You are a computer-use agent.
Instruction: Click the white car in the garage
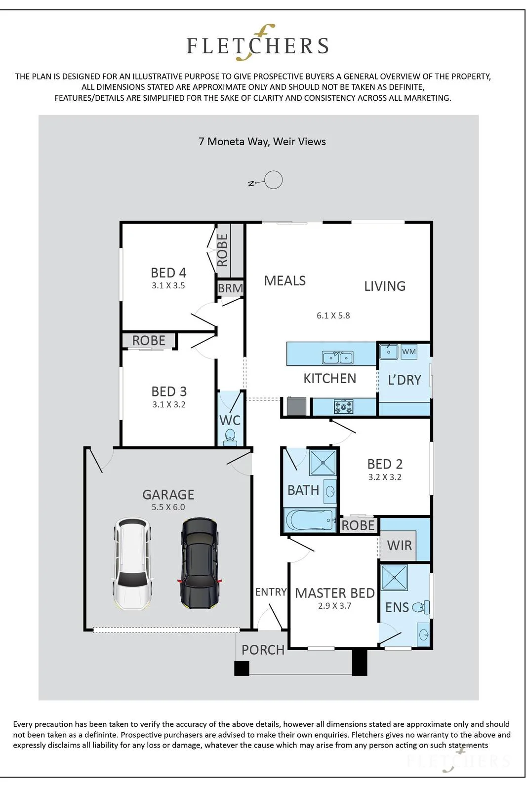133,563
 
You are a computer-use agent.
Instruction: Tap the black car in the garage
200,563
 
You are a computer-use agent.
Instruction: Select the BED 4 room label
168,273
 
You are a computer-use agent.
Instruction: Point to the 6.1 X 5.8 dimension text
333,316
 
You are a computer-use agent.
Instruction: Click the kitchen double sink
337,357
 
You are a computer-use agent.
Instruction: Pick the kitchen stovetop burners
343,407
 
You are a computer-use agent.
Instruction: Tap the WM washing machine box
409,352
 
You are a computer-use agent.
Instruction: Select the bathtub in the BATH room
310,520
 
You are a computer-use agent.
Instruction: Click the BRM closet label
230,288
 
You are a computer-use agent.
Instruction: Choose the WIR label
399,545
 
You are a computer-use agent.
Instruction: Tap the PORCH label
263,650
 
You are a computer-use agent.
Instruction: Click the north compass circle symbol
273,180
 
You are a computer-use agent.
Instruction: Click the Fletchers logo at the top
257,43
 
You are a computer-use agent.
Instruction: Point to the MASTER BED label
335,593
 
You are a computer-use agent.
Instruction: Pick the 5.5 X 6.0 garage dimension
168,507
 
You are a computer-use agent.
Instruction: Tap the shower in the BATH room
323,462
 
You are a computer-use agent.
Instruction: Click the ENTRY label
271,592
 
